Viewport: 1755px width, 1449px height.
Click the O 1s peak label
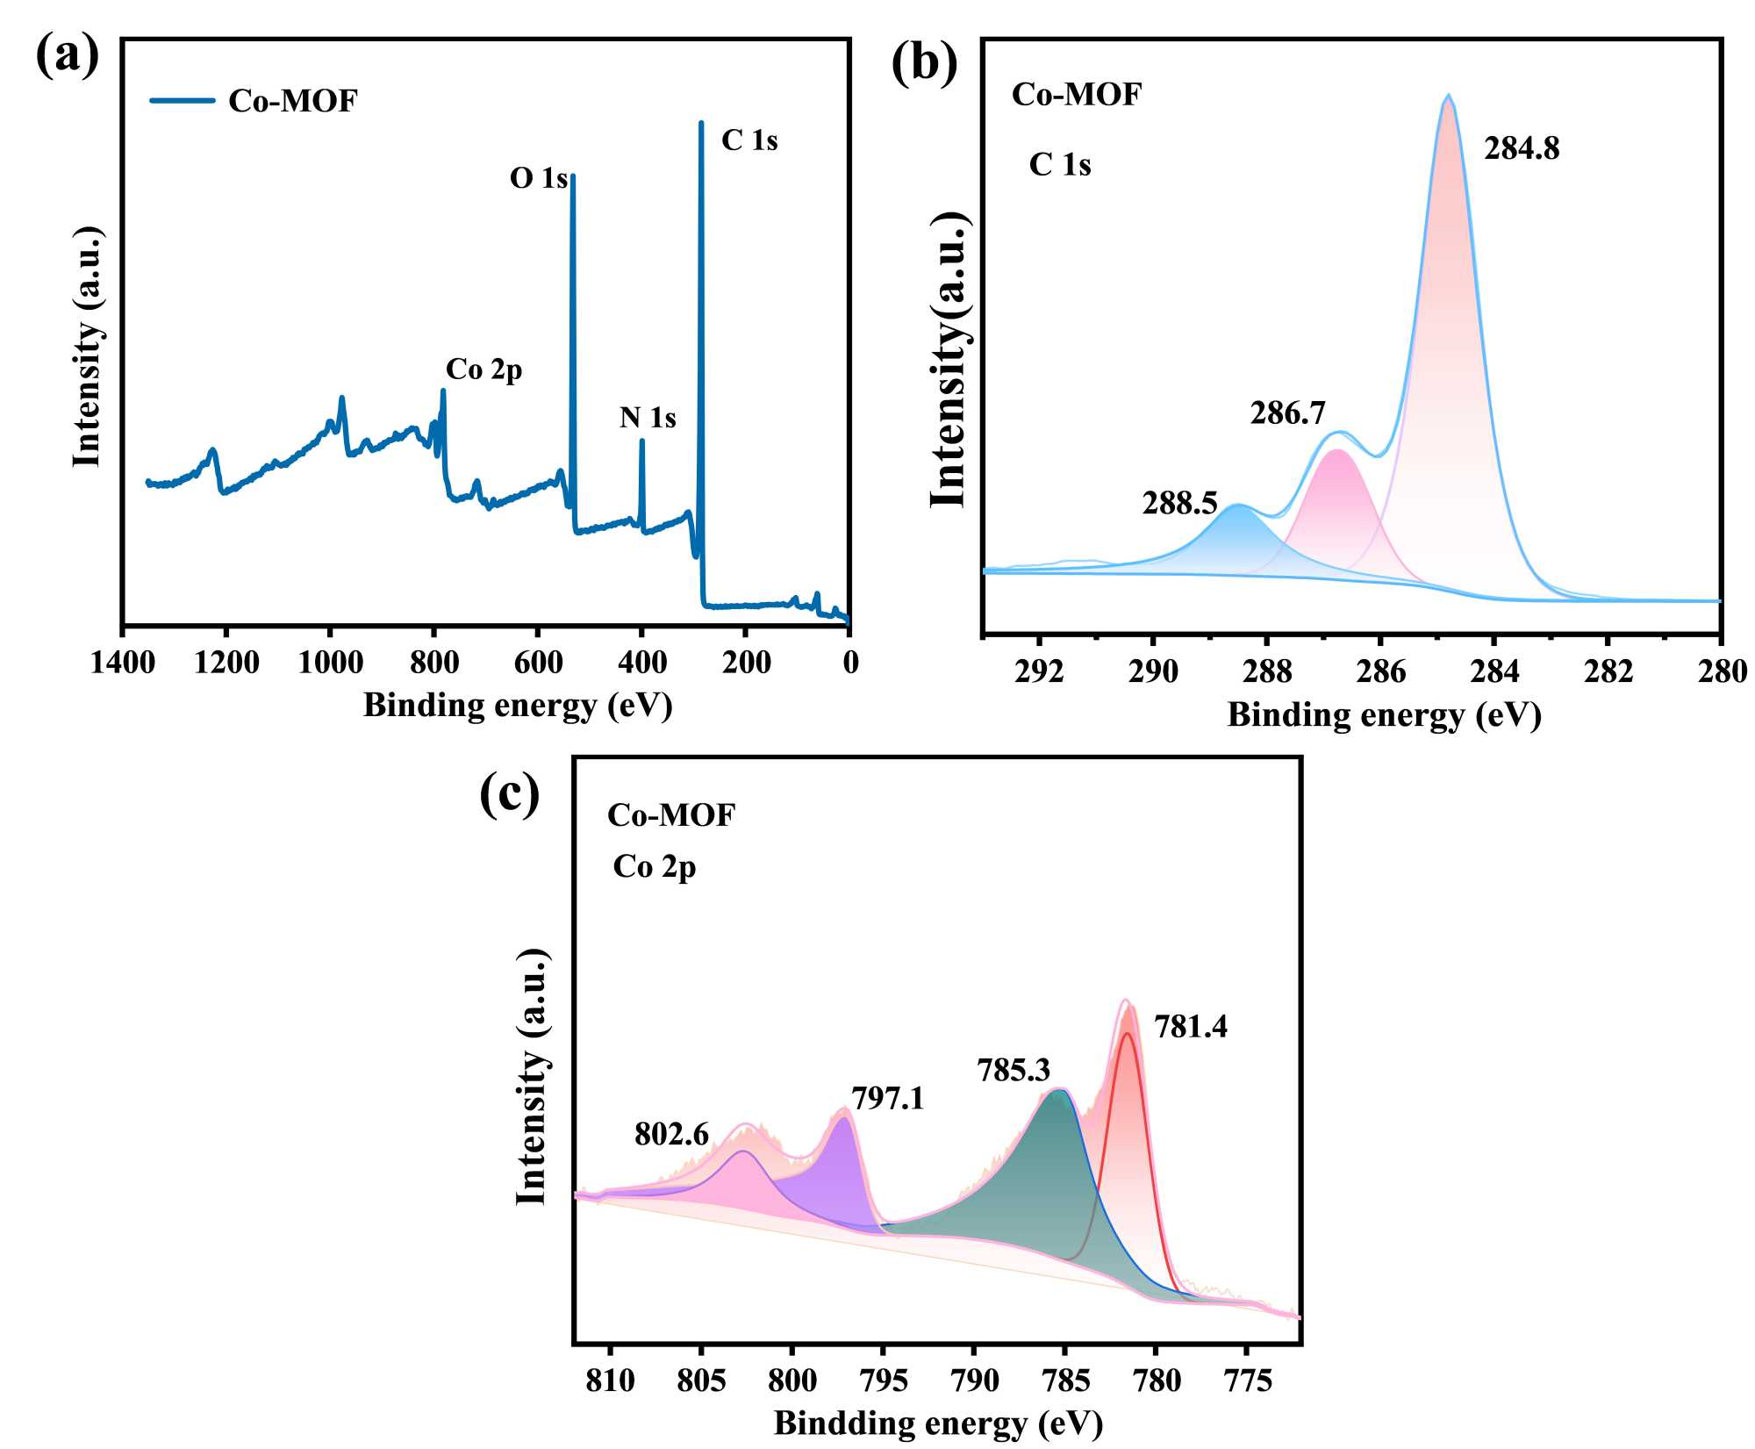pos(538,178)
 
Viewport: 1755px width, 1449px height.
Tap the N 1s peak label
pos(648,418)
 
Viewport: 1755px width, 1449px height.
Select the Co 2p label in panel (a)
pos(484,369)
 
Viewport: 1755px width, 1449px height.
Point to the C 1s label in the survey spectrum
pos(749,140)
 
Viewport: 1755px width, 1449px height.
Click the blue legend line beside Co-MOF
pos(183,100)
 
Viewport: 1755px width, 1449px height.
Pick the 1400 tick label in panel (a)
pos(123,663)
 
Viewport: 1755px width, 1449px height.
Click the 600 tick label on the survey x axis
pos(538,663)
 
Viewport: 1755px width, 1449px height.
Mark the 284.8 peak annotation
pos(1522,149)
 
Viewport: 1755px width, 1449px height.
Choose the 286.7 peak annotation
pos(1287,412)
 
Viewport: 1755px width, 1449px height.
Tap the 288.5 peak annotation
pos(1179,503)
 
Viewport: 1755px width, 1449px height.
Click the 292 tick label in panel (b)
pos(1039,673)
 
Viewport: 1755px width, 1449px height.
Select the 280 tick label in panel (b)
pos(1722,673)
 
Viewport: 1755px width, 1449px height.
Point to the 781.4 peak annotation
pos(1190,1026)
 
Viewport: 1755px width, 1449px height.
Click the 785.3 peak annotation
pos(1014,1070)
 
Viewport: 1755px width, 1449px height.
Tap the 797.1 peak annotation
pos(887,1098)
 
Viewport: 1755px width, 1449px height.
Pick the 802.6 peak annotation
pos(671,1135)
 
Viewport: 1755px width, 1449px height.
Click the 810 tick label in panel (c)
pos(610,1381)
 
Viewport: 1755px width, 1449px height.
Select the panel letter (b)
pos(924,63)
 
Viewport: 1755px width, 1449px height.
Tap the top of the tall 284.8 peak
pos(1448,97)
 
